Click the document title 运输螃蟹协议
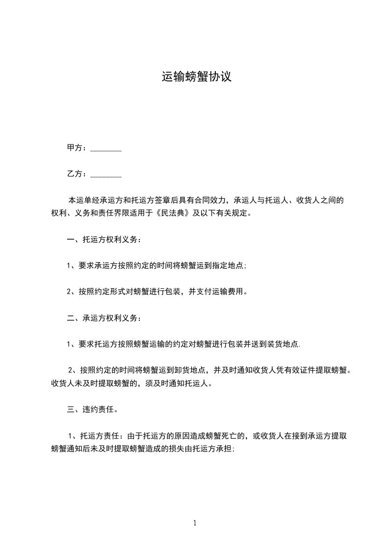pyautogui.click(x=196, y=77)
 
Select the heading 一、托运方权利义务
pyautogui.click(x=104, y=240)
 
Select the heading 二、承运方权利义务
pyautogui.click(x=104, y=318)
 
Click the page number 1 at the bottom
pyautogui.click(x=195, y=523)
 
